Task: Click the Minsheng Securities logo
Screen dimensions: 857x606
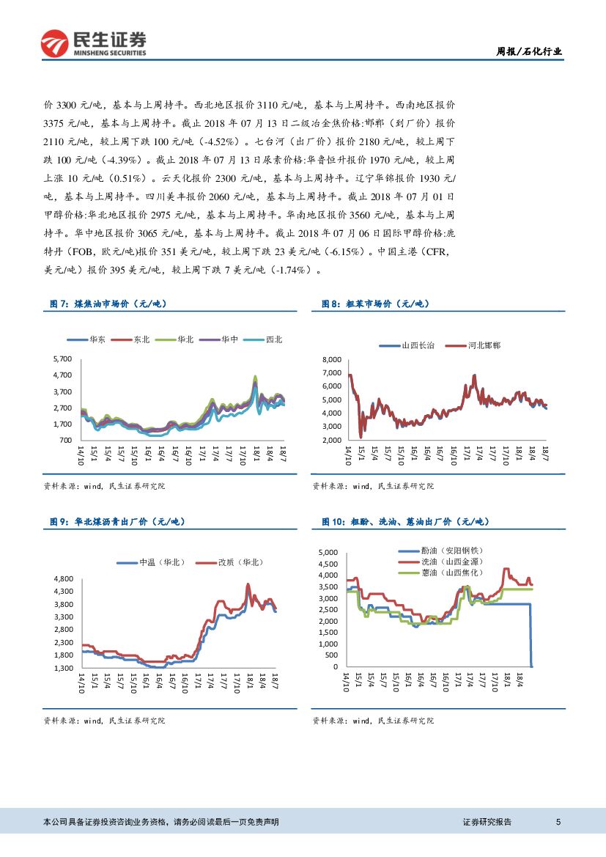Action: tap(94, 44)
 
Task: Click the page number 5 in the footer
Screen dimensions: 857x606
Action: tap(559, 823)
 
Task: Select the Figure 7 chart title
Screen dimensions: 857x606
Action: tap(108, 304)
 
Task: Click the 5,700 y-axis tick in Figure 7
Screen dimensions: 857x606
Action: tap(62, 358)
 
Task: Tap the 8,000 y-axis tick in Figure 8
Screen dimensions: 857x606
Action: tap(332, 360)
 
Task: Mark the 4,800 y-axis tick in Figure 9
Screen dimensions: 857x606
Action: tap(62, 578)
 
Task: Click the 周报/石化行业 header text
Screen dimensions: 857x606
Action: tap(529, 52)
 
